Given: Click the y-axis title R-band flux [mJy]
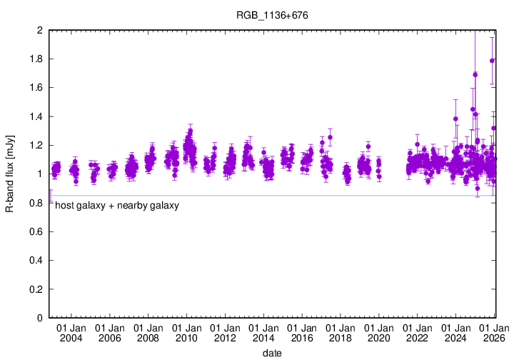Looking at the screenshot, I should tap(10, 174).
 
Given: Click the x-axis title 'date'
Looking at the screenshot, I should tap(271, 353).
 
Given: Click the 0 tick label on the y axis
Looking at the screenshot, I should tap(39, 318).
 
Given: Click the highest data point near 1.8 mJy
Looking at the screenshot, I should tap(492, 61).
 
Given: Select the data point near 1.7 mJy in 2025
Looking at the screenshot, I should tap(475, 74).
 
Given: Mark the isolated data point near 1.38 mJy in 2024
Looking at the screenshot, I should tap(455, 119).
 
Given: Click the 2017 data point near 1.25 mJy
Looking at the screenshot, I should tap(330, 137).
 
